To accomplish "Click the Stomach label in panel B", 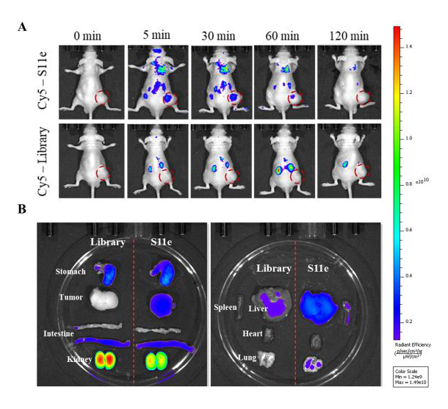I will coord(71,272).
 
